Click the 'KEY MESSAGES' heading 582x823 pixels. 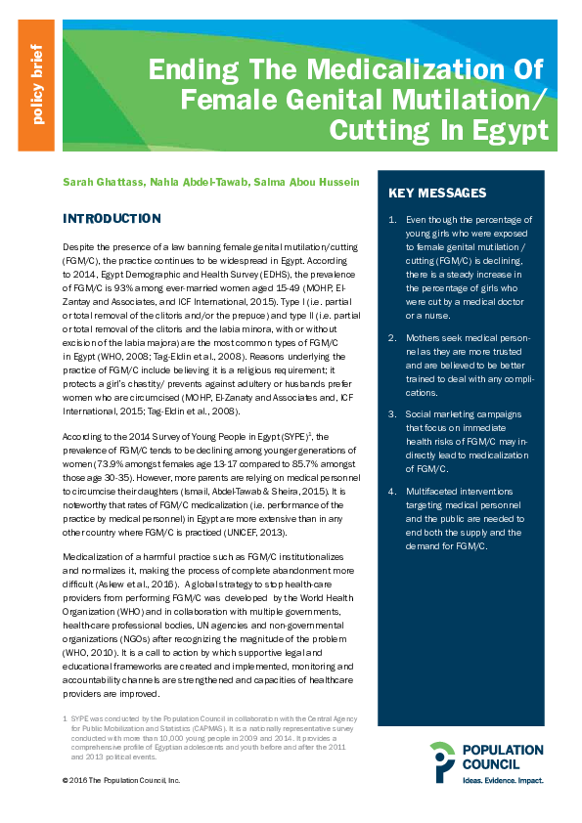pos(437,193)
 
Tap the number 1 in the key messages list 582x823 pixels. pos(392,220)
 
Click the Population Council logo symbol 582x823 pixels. pos(442,761)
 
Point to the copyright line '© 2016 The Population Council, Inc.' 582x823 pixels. pos(121,781)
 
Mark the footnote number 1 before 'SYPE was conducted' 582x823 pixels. pos(65,717)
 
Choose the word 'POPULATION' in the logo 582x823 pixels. pos(504,751)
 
